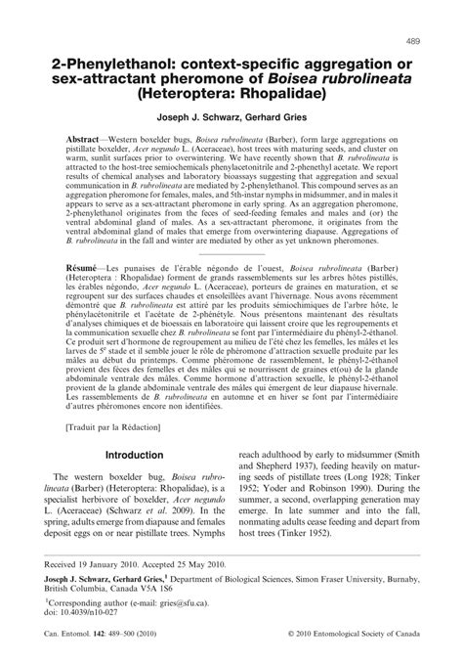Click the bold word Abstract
pyautogui.click(x=86, y=142)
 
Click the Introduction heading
pyautogui.click(x=134, y=455)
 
